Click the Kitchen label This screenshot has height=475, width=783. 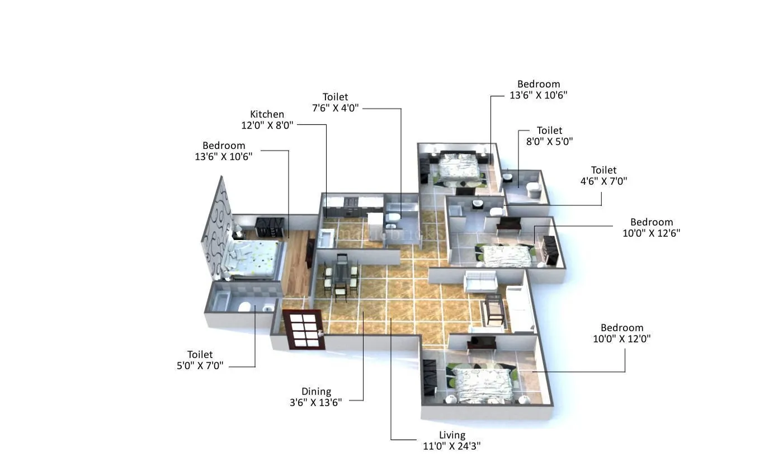tap(267, 114)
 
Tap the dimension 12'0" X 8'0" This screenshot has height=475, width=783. tap(267, 125)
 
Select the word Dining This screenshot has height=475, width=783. tap(316, 392)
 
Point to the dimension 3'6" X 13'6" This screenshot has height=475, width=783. tap(315, 402)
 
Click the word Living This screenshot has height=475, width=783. tap(452, 435)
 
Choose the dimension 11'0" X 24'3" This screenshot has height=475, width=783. tap(452, 446)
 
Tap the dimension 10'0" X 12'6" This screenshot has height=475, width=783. tap(652, 233)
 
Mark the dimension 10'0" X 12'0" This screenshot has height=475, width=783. tap(622, 338)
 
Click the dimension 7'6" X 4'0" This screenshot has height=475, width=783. tap(335, 108)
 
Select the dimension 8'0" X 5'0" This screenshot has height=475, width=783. tap(549, 142)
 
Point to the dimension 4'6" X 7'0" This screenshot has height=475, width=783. tap(603, 181)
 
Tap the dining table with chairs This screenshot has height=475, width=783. tap(341, 276)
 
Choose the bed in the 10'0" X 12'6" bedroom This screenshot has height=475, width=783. tap(506, 256)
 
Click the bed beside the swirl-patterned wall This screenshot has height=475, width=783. tap(254, 258)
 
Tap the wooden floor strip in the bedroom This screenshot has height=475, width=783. tap(296, 263)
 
